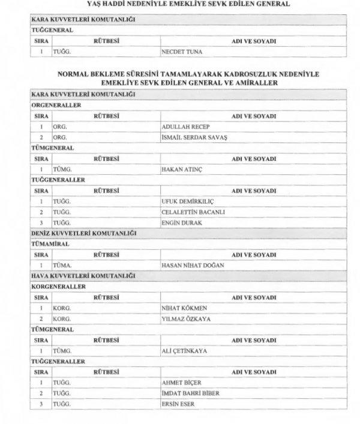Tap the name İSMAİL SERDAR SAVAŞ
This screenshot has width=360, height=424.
pyautogui.click(x=196, y=137)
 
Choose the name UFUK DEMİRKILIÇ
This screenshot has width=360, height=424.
pyautogui.click(x=188, y=201)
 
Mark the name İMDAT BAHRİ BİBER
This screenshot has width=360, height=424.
pyautogui.click(x=190, y=393)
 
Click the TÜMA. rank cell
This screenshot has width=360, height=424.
pyautogui.click(x=62, y=264)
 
